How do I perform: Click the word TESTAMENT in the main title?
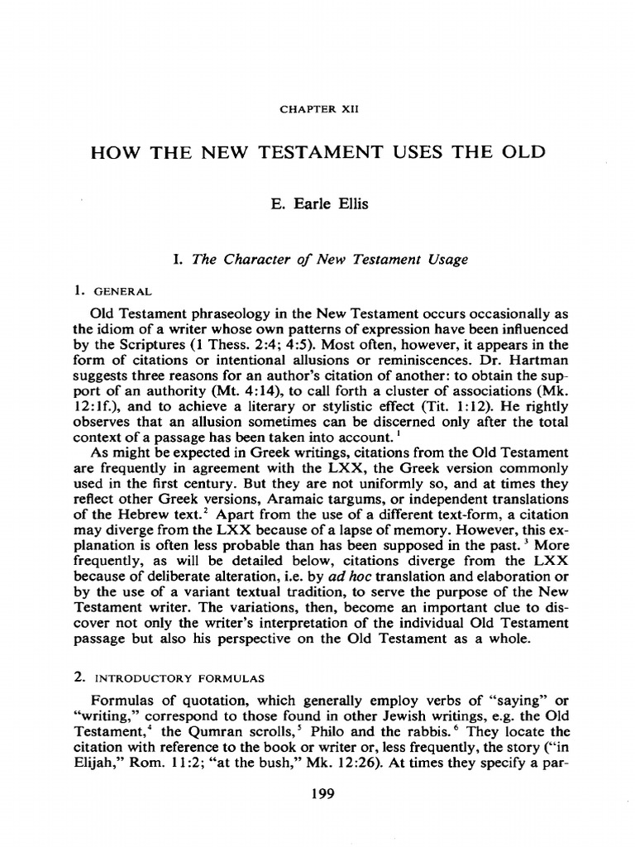(330, 155)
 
